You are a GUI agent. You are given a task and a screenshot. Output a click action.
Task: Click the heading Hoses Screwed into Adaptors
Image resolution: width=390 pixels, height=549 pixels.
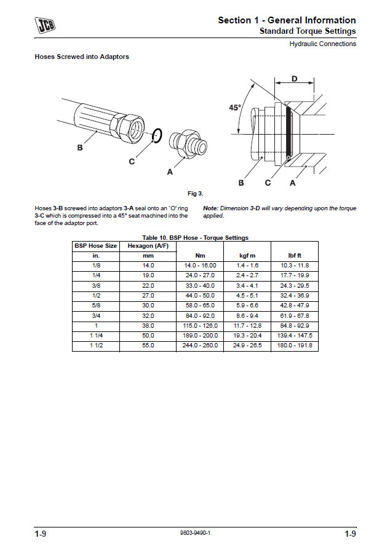pos(82,57)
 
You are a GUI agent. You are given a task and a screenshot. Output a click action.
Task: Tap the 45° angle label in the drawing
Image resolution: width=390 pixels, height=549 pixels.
pos(235,108)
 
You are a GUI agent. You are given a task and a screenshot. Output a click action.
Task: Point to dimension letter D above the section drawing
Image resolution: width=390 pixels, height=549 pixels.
pos(294,79)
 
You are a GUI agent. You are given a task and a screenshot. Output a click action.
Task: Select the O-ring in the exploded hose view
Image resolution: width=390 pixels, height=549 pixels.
pos(157,135)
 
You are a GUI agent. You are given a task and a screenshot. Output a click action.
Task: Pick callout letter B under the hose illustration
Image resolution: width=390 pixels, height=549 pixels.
pos(80,148)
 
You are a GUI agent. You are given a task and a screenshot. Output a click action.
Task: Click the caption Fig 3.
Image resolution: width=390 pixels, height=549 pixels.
pos(196,194)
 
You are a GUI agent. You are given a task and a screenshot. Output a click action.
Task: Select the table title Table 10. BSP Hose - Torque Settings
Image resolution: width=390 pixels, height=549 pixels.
pos(195,237)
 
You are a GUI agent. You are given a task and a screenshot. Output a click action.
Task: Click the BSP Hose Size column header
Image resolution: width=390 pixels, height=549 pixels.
pos(95,246)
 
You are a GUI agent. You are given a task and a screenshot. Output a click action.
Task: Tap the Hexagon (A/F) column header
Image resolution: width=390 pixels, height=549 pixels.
pos(148,246)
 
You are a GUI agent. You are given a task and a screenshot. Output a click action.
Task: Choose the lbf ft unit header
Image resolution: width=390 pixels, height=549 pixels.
pos(295,255)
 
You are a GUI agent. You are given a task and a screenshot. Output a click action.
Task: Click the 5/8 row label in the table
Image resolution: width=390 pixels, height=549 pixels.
pos(95,305)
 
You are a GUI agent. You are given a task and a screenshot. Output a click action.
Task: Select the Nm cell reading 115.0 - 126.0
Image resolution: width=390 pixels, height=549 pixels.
pos(201,325)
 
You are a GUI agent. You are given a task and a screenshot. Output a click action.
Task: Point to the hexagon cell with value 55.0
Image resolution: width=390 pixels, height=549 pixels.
pos(148,346)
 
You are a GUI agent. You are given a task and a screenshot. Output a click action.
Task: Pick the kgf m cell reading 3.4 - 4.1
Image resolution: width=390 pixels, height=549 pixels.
pos(247,285)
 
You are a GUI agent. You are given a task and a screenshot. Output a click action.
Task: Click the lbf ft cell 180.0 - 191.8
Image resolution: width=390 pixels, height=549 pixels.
pos(295,346)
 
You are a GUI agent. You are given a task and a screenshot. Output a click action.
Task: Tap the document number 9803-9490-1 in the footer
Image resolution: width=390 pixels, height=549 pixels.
pos(195,534)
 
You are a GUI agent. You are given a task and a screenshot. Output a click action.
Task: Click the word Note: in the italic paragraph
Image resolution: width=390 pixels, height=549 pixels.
pos(211,208)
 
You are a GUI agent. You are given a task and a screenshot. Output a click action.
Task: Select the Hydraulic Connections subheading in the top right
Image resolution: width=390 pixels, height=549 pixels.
pos(322,44)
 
